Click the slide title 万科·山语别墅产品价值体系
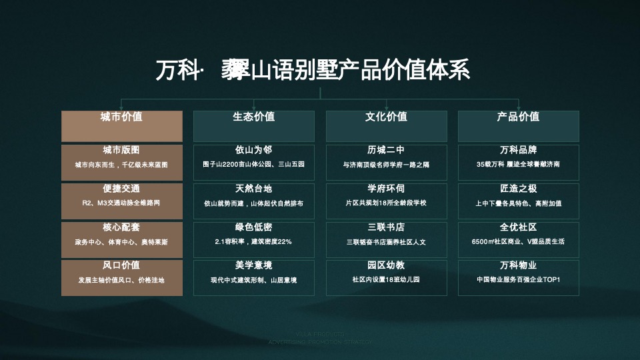click(x=313, y=69)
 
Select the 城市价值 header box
click(x=121, y=125)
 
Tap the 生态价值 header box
click(x=253, y=125)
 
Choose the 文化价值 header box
click(x=386, y=125)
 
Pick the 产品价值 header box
click(x=518, y=125)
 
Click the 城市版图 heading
click(x=121, y=150)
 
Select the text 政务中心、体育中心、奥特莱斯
click(x=121, y=242)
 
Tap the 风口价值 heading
click(x=121, y=265)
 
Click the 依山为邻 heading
click(x=253, y=150)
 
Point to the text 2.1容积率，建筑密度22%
click(x=253, y=242)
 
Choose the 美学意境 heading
click(x=253, y=265)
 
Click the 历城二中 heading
click(x=386, y=150)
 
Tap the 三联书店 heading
click(x=386, y=227)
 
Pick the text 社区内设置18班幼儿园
click(x=386, y=281)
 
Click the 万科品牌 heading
click(x=518, y=150)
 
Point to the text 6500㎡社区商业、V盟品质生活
click(x=518, y=242)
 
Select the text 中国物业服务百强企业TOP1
click(x=518, y=281)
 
